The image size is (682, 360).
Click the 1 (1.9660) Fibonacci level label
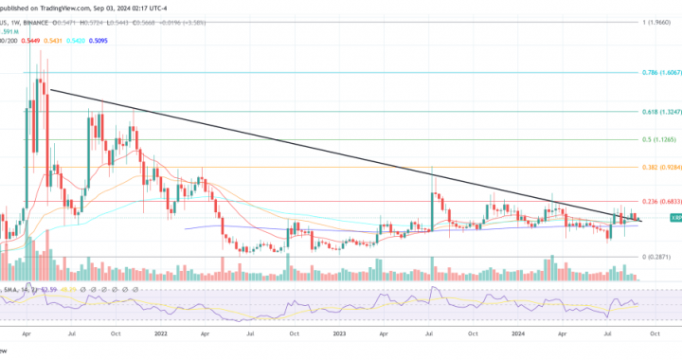[x=656, y=21]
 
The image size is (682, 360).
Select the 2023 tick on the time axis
[x=338, y=334]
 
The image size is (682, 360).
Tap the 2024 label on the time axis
[x=517, y=334]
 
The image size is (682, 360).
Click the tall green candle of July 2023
[x=433, y=210]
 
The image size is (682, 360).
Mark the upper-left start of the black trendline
[x=51, y=90]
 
